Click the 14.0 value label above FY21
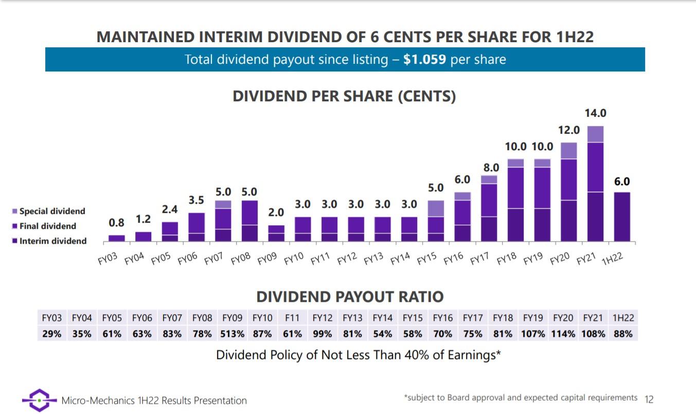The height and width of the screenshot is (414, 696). coord(595,113)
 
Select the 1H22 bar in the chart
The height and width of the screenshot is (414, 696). coord(622,217)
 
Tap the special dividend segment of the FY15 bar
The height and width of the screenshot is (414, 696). coord(436,208)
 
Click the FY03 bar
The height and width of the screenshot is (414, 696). coord(117,238)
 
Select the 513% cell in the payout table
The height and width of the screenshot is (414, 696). coord(232,334)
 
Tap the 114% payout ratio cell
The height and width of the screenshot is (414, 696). coord(563,334)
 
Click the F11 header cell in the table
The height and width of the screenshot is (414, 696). coord(292,318)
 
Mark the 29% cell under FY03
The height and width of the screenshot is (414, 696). coord(51,334)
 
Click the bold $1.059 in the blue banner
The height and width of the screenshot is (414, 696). coord(425,60)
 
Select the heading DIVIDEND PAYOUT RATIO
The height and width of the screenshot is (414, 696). coord(350,297)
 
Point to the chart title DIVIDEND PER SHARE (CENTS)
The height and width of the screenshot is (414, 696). coord(344,97)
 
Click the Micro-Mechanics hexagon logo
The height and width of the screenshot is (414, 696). coord(39,400)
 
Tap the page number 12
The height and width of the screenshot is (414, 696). coord(649,399)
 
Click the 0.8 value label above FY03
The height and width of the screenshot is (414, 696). coord(117,223)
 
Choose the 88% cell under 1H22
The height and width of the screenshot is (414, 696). coord(623,334)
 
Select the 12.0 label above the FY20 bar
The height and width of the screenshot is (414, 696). coord(568,130)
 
